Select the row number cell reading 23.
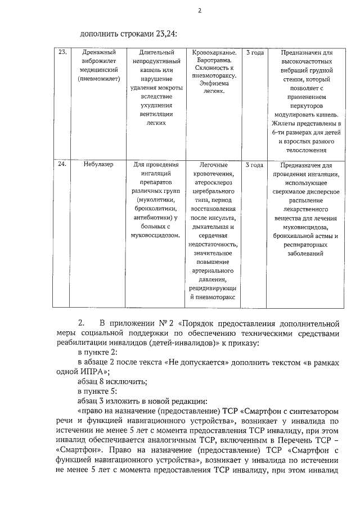(62, 52)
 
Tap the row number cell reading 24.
(62, 165)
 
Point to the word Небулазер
(99, 165)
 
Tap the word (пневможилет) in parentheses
(99, 79)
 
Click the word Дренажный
(99, 52)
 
